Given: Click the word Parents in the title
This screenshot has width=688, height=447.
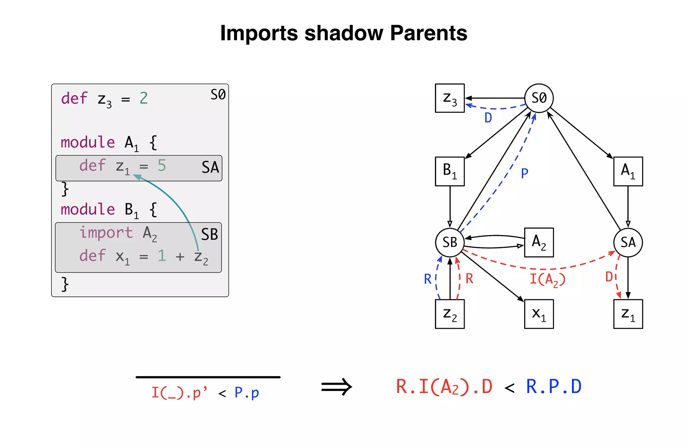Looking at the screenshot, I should (429, 33).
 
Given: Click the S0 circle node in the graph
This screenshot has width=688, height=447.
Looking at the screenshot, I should (539, 98).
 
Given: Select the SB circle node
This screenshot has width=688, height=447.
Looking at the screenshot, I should (450, 242).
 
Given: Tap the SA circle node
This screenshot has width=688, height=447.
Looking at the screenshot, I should (628, 242).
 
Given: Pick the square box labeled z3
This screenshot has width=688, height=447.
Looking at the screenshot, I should (450, 98).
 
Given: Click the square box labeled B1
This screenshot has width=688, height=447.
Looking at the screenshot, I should (450, 171).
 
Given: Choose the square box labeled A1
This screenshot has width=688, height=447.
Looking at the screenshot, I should (628, 171).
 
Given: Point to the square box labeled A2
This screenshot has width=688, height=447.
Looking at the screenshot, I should (539, 242).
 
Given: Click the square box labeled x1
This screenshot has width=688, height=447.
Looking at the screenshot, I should (539, 314).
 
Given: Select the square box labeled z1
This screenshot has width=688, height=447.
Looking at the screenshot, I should (628, 314).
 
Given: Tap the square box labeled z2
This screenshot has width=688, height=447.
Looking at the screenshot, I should (450, 314).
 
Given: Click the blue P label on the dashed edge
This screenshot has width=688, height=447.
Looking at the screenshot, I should (524, 174).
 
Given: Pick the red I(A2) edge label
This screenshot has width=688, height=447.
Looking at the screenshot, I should (548, 279).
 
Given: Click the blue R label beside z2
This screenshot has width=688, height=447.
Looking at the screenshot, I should (427, 279).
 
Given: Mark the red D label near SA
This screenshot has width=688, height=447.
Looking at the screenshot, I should (609, 277).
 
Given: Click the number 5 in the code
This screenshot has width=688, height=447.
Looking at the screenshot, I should (162, 166).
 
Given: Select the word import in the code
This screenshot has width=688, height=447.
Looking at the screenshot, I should (106, 232).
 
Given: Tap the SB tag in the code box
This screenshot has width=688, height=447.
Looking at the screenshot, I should (210, 234).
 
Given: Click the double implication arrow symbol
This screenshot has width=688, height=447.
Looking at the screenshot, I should (336, 387).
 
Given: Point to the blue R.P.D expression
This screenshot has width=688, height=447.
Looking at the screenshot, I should (554, 387).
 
